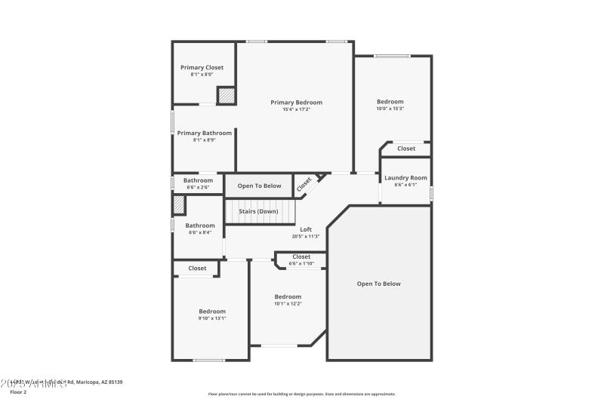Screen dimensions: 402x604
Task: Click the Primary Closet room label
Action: [202, 68]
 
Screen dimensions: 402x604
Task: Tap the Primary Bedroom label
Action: [296, 103]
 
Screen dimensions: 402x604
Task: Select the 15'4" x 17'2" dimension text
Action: [296, 110]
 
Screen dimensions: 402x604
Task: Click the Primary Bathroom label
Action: [205, 133]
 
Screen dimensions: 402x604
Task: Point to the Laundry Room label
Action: [405, 178]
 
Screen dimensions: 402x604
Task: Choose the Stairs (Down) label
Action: [258, 211]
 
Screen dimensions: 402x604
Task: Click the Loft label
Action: [306, 229]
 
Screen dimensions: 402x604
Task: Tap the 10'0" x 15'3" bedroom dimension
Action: [390, 109]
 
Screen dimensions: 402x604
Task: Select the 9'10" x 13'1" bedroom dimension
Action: [212, 318]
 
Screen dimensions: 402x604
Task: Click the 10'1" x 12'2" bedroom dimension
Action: [288, 304]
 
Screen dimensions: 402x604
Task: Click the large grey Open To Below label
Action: [379, 284]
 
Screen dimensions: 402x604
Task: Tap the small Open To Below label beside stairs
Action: [259, 186]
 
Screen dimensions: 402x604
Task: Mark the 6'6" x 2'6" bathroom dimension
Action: [198, 187]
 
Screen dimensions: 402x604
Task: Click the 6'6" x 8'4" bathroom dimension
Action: [200, 232]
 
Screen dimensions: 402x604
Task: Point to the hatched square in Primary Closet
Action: [226, 96]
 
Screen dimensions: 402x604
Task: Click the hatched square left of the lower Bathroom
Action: [179, 204]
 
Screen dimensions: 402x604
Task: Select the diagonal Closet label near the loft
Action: [304, 183]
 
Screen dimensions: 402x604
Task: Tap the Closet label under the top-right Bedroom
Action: [406, 149]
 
